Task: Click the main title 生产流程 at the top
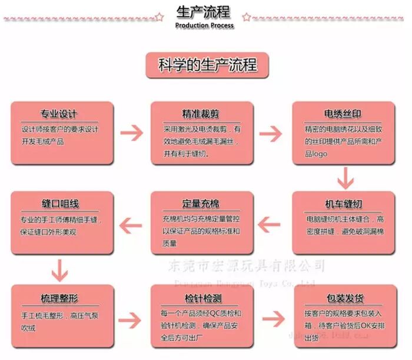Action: (204, 12)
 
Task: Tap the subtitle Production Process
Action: (204, 26)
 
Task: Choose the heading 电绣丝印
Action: (343, 114)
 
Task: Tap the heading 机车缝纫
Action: (343, 204)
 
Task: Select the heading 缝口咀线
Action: (59, 204)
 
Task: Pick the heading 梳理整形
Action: (59, 297)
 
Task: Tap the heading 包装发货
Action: (343, 297)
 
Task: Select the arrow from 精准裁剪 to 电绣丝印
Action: (273, 132)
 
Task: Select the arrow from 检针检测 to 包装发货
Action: (273, 318)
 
